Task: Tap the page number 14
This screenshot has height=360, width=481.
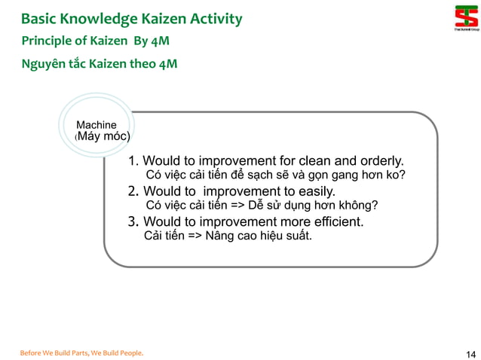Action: point(471,354)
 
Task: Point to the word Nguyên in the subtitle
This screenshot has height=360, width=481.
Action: point(41,64)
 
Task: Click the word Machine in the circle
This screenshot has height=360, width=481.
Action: point(97,124)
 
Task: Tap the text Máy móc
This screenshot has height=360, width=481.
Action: point(103,136)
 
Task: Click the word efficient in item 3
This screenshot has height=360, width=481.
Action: point(336,221)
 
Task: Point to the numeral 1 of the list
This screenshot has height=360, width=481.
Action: point(132,160)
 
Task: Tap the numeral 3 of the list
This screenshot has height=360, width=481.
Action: point(132,221)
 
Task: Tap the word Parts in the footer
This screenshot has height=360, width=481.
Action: point(76,352)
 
